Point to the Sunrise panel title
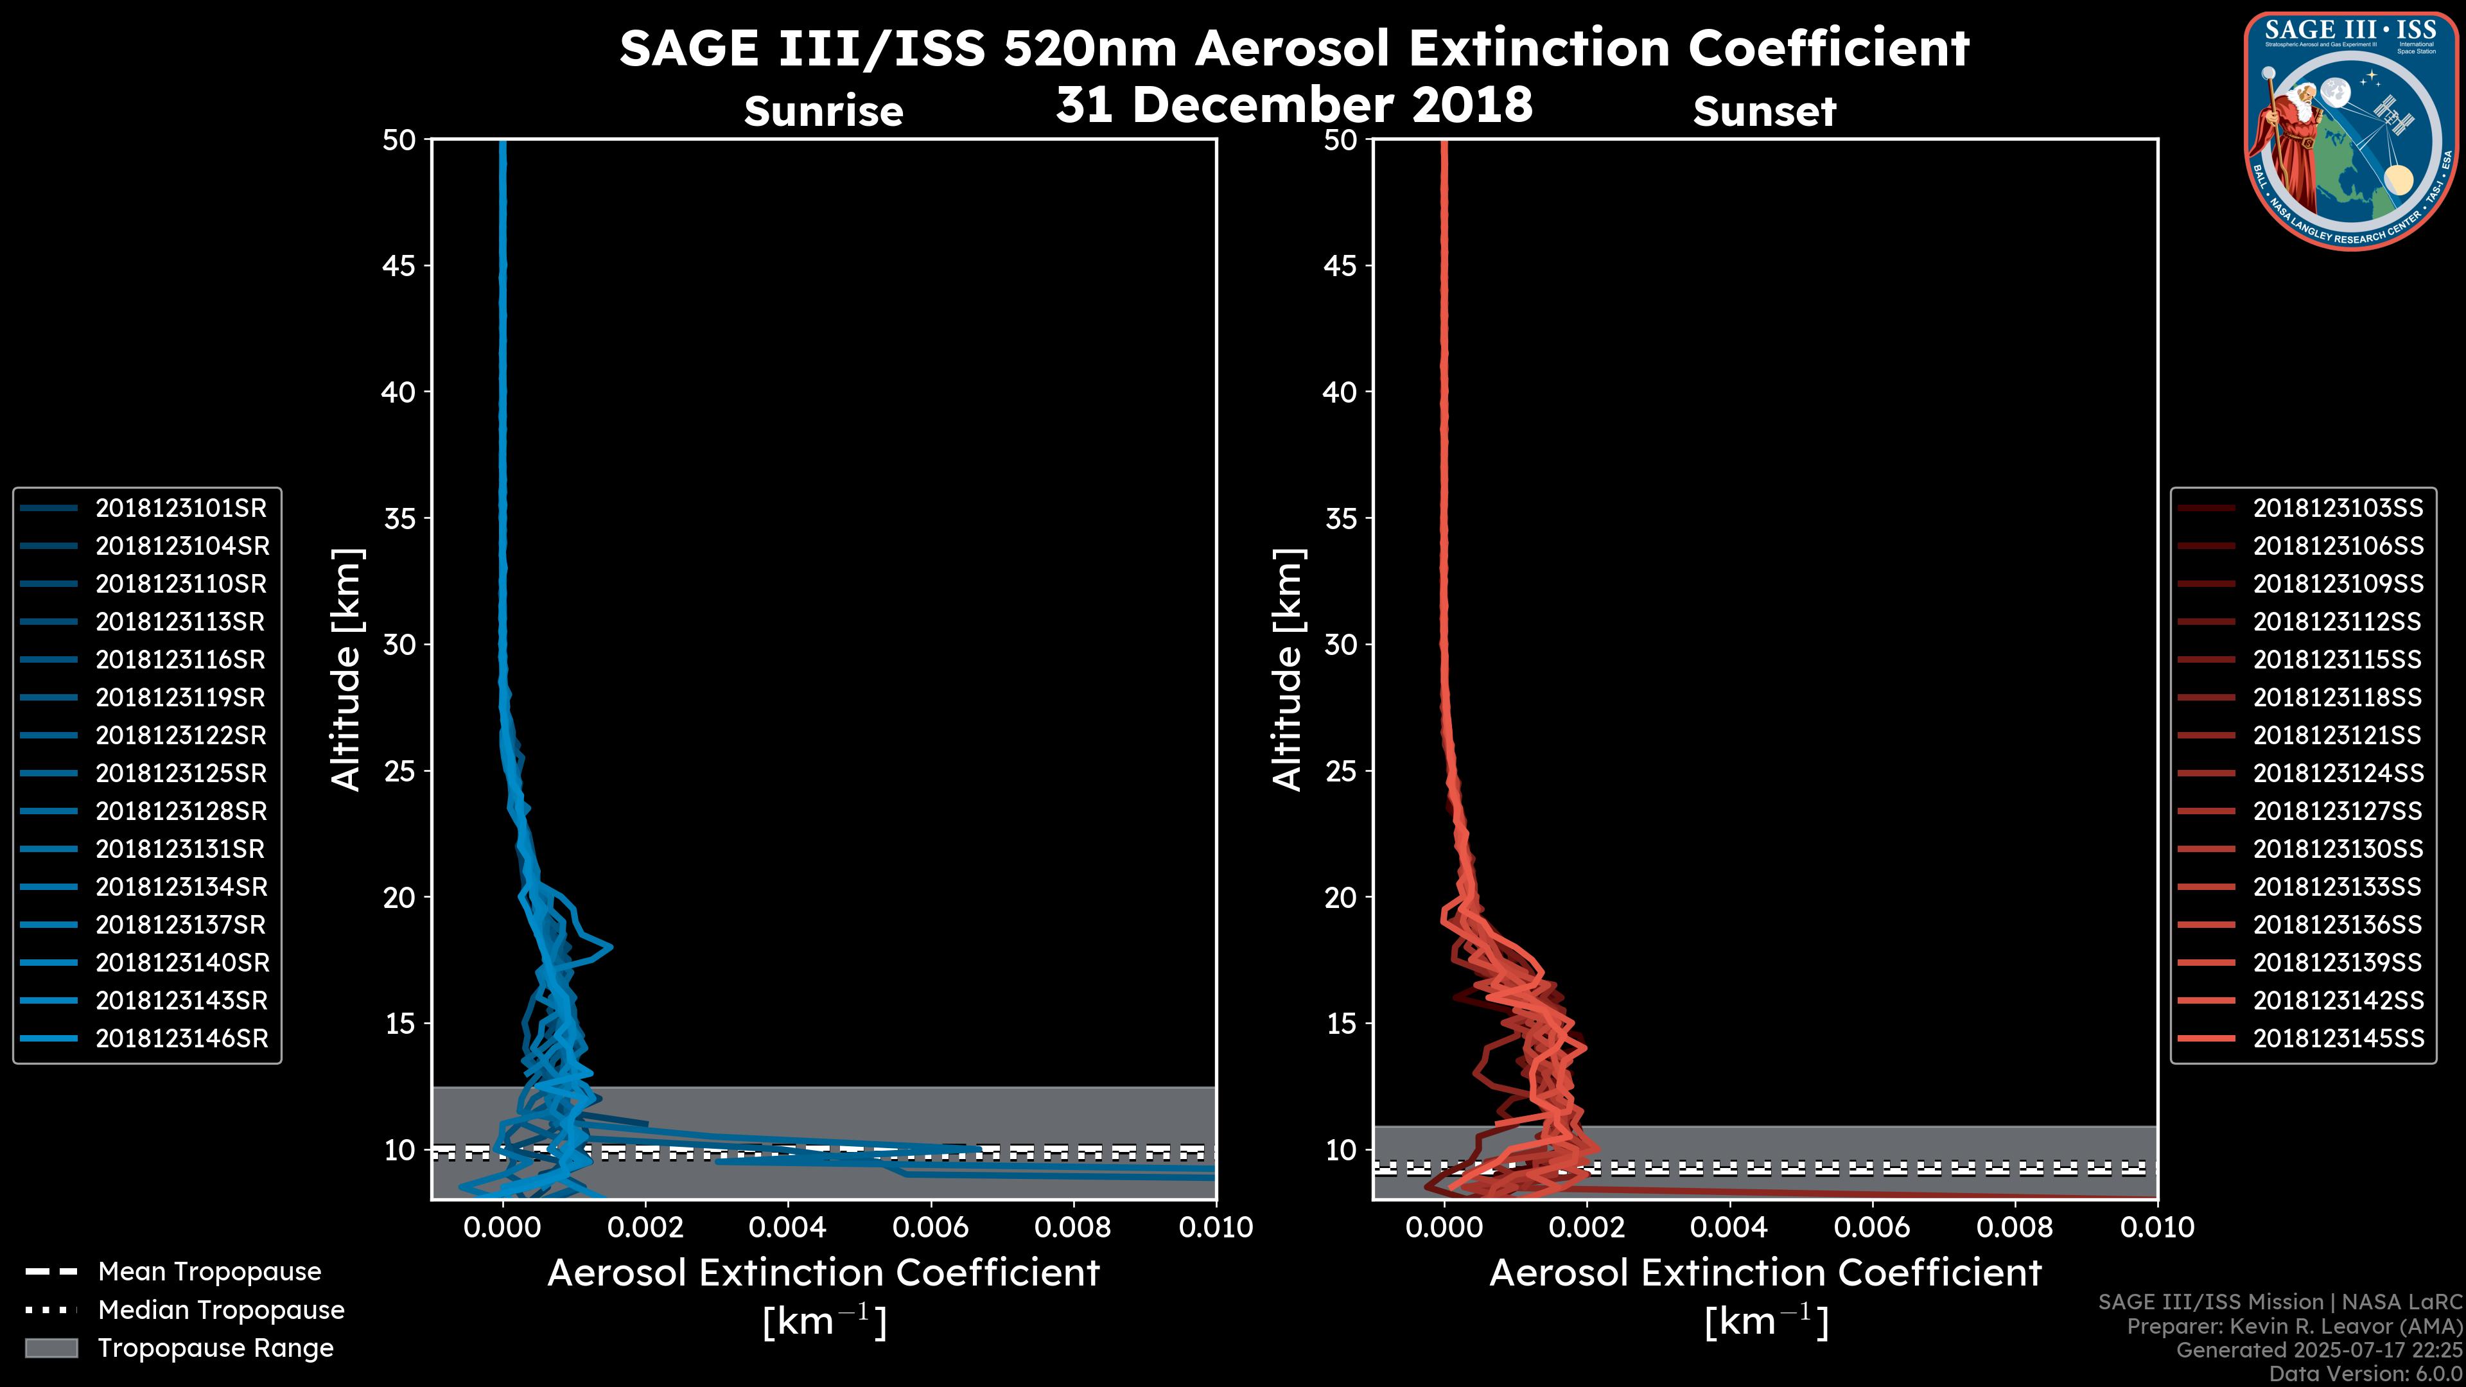point(823,111)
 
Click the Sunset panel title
point(1763,111)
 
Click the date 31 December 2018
point(1293,104)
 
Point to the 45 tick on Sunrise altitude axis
point(399,265)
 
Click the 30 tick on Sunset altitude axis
point(1340,644)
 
